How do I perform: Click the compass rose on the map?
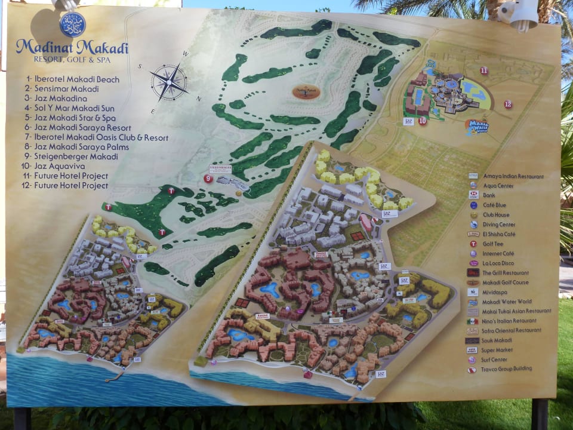click(x=168, y=82)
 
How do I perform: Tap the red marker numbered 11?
click(x=483, y=70)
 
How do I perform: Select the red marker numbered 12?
click(x=507, y=104)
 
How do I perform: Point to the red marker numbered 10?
click(x=423, y=121)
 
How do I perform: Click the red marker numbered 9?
click(x=208, y=178)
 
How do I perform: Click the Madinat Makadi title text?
click(x=72, y=47)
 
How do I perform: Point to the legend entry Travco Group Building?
click(x=507, y=368)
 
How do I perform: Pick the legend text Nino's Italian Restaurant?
click(x=509, y=321)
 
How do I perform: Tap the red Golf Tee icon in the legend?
click(x=473, y=244)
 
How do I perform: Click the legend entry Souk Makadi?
click(x=497, y=340)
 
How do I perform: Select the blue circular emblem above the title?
click(x=72, y=24)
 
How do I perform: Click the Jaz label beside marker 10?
click(x=408, y=121)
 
